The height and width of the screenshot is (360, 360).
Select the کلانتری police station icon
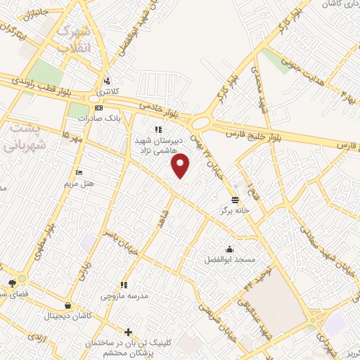[106, 79]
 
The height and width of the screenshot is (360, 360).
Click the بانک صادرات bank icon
[98, 108]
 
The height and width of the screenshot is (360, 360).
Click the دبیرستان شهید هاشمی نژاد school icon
[158, 129]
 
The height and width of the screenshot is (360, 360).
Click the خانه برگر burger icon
[235, 199]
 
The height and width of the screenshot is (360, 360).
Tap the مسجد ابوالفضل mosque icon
[230, 249]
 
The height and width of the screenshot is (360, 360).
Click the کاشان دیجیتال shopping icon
[67, 306]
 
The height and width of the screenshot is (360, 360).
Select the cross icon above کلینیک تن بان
[128, 331]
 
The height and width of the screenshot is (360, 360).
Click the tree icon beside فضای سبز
[12, 283]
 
